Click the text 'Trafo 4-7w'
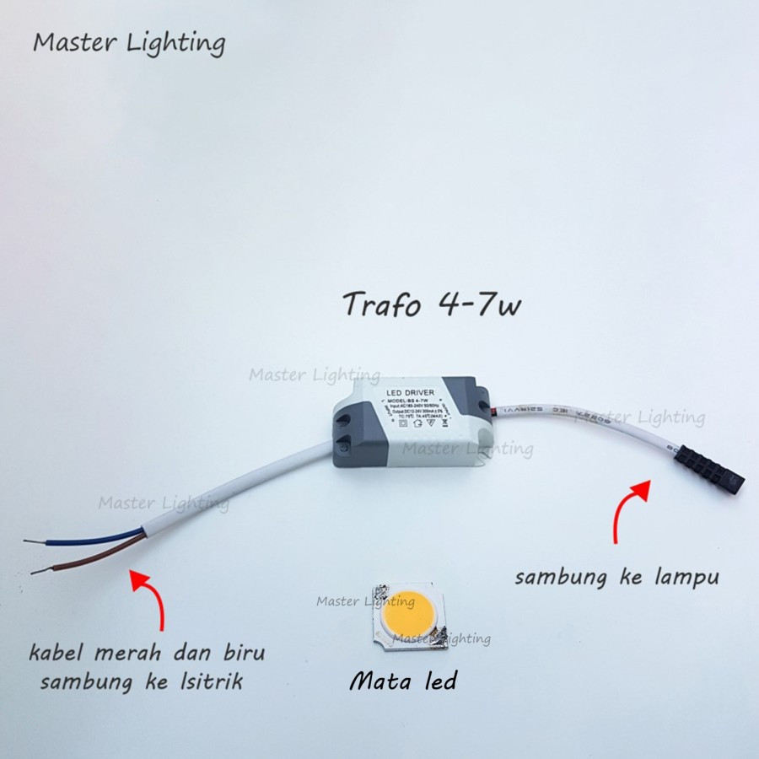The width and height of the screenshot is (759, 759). pyautogui.click(x=431, y=304)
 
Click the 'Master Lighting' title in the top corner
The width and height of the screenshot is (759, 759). pyautogui.click(x=129, y=42)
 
